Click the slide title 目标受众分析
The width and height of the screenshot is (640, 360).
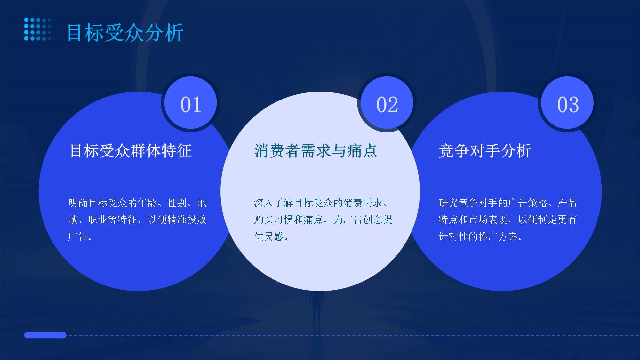pos(125,32)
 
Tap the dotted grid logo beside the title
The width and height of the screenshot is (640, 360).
pos(37,29)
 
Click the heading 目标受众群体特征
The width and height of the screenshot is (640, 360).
pos(131,151)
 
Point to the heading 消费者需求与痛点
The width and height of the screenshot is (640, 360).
pos(316,151)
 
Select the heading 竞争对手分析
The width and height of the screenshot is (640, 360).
pos(485,151)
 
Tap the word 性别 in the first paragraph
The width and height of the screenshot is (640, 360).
pos(177,203)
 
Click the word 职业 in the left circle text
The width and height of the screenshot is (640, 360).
pos(98,220)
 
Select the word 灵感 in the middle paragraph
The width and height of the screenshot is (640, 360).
pos(274,236)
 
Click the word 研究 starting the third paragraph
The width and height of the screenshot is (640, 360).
pos(448,203)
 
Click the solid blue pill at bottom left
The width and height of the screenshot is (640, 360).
pos(45,335)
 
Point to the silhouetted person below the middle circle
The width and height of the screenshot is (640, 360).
pos(316,309)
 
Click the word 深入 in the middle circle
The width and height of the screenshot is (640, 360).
pos(264,203)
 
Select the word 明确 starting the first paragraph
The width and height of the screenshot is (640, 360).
pos(78,203)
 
